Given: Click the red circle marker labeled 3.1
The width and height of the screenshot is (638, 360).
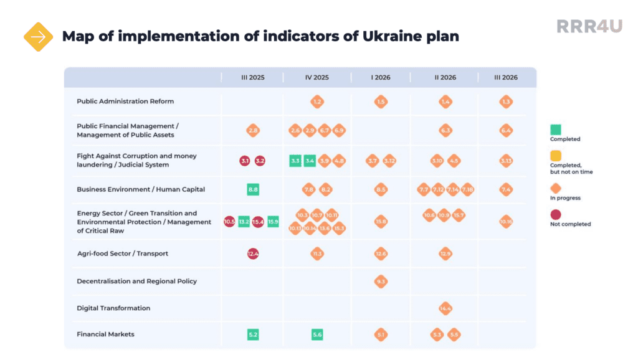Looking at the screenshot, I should pyautogui.click(x=245, y=161).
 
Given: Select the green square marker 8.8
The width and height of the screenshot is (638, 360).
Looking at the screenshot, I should pyautogui.click(x=253, y=189).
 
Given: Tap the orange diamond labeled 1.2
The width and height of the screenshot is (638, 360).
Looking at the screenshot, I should pyautogui.click(x=317, y=102).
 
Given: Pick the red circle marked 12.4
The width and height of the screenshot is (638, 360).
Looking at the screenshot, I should pyautogui.click(x=253, y=253).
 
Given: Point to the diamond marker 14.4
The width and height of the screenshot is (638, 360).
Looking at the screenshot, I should pyautogui.click(x=445, y=308).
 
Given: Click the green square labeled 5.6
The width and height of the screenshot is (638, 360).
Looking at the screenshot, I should pyautogui.click(x=317, y=334).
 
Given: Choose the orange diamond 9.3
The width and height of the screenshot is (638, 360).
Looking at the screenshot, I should pyautogui.click(x=381, y=282).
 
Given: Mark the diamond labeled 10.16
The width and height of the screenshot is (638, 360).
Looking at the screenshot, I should pyautogui.click(x=506, y=221).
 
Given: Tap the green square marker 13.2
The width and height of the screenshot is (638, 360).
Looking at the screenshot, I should pyautogui.click(x=244, y=221).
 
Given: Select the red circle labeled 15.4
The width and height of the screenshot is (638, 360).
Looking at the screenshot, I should pyautogui.click(x=258, y=221).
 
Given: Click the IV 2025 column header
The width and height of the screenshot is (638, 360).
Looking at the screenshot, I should pyautogui.click(x=317, y=78).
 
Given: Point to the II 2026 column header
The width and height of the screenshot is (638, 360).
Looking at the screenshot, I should pyautogui.click(x=445, y=78).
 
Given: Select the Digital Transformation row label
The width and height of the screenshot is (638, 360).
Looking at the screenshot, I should pyautogui.click(x=113, y=308).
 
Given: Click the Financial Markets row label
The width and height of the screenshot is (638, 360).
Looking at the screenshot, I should pyautogui.click(x=105, y=334).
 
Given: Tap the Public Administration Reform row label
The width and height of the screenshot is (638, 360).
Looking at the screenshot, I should pyautogui.click(x=125, y=102).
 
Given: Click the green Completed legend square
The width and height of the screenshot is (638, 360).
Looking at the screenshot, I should pyautogui.click(x=556, y=130).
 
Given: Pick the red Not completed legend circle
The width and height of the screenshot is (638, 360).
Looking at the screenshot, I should pyautogui.click(x=556, y=214).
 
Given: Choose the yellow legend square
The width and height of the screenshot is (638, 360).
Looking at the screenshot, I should pyautogui.click(x=556, y=156).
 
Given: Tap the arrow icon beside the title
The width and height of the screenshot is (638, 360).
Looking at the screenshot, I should pyautogui.click(x=38, y=37).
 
